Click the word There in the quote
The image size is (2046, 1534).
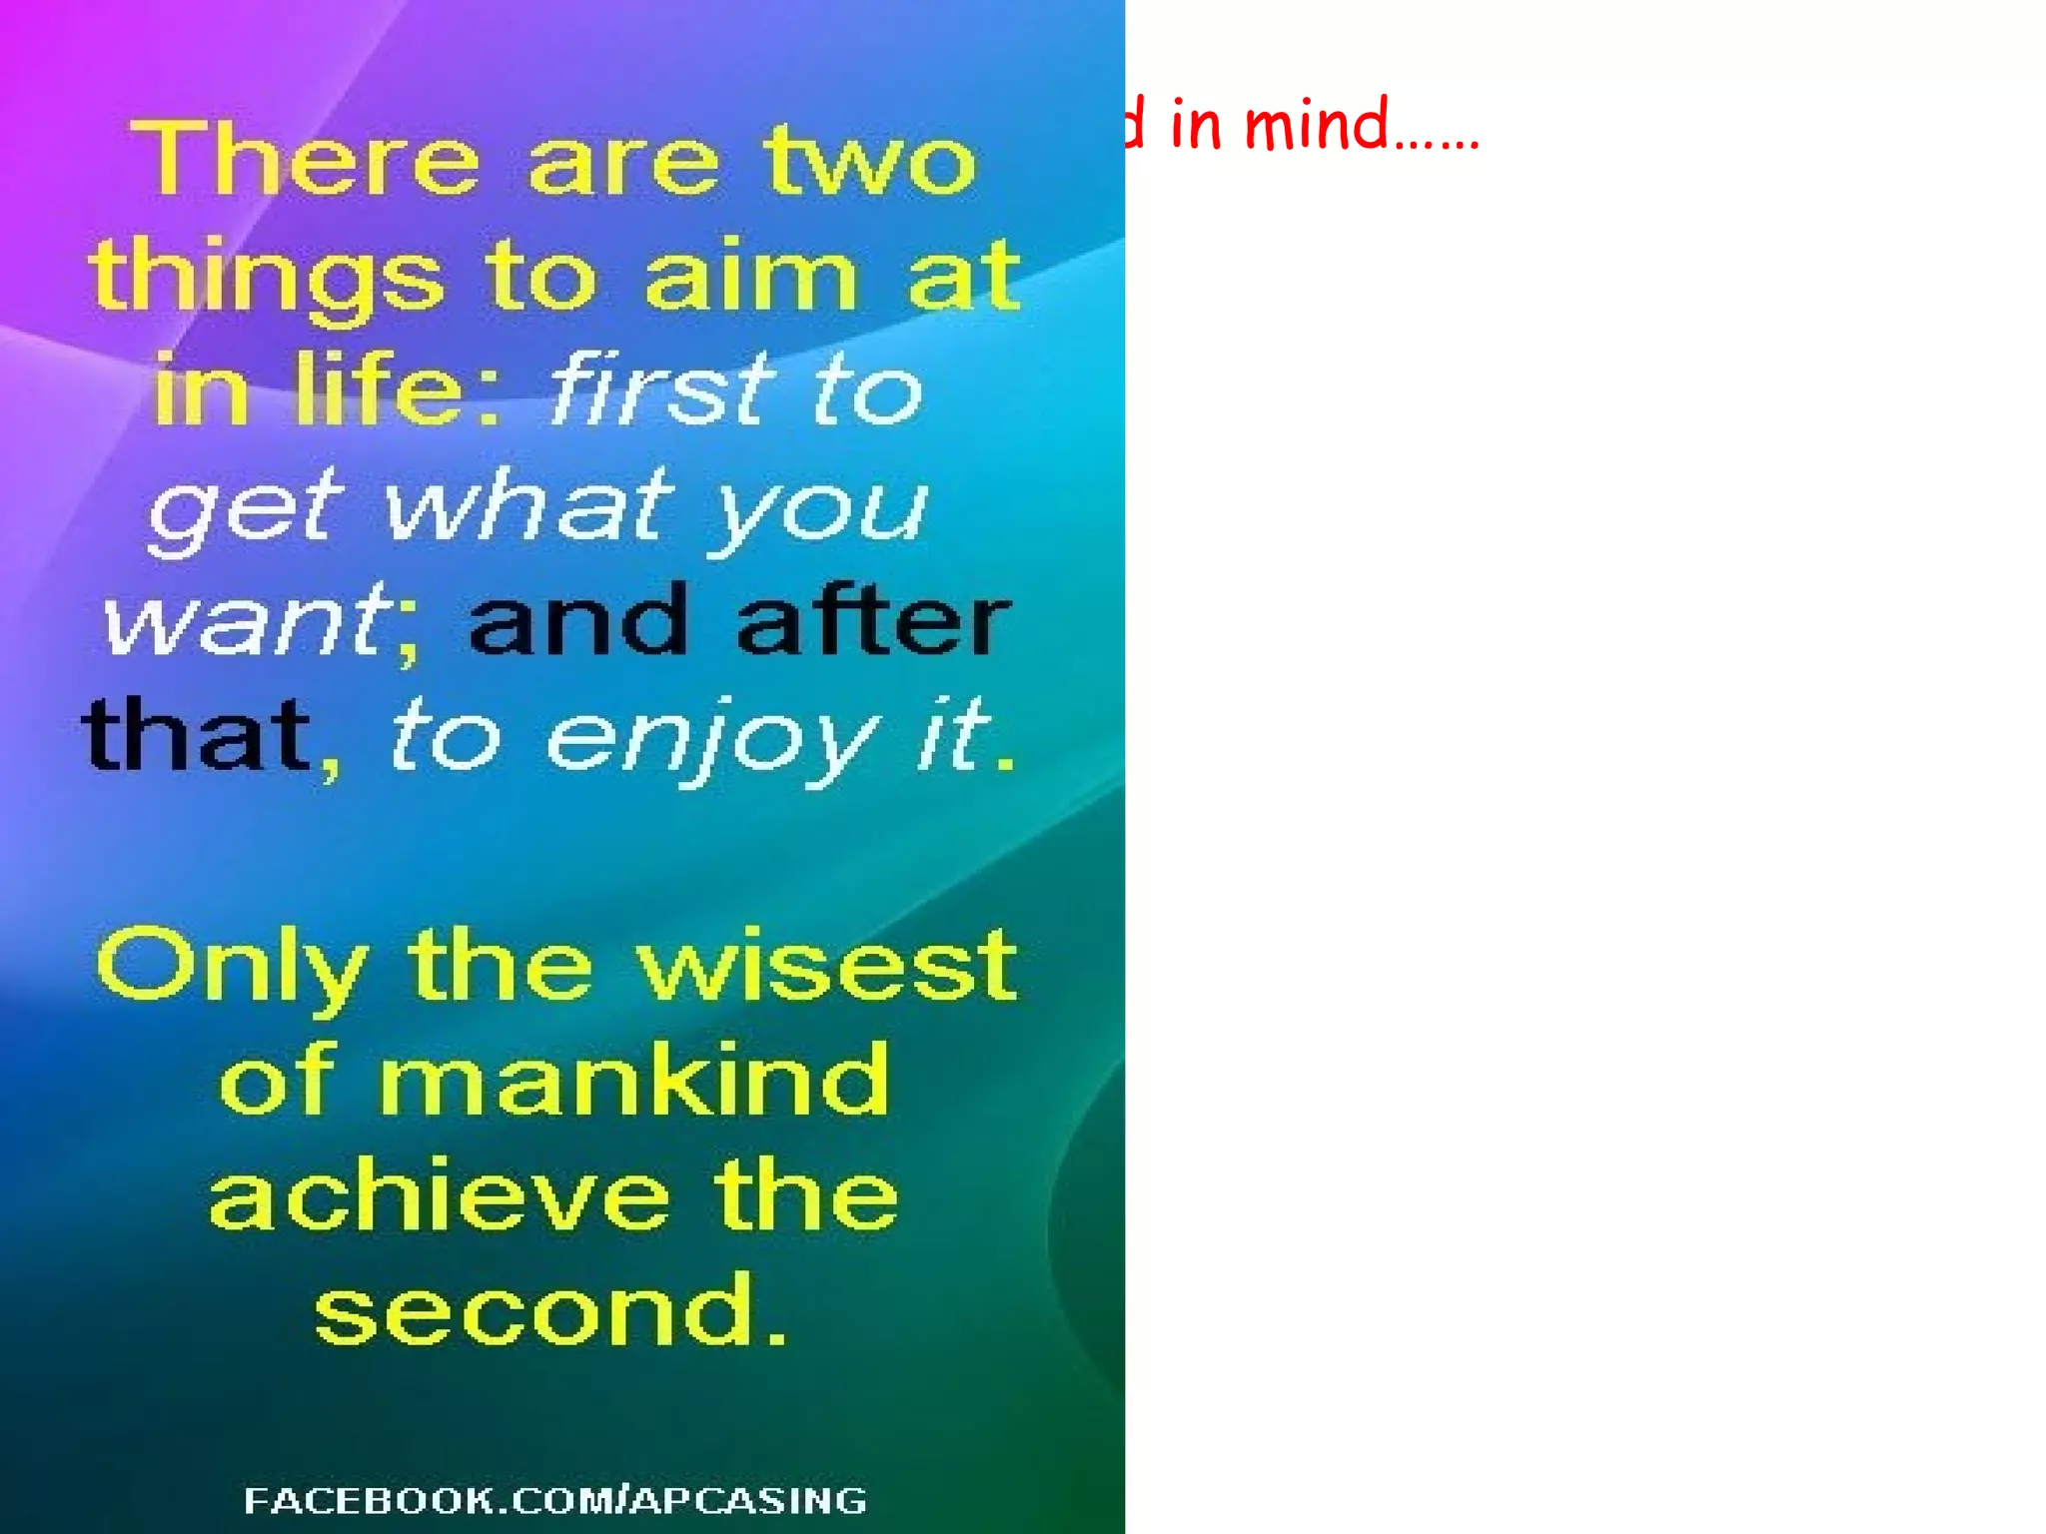coord(306,159)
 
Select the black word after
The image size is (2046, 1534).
coord(874,619)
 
